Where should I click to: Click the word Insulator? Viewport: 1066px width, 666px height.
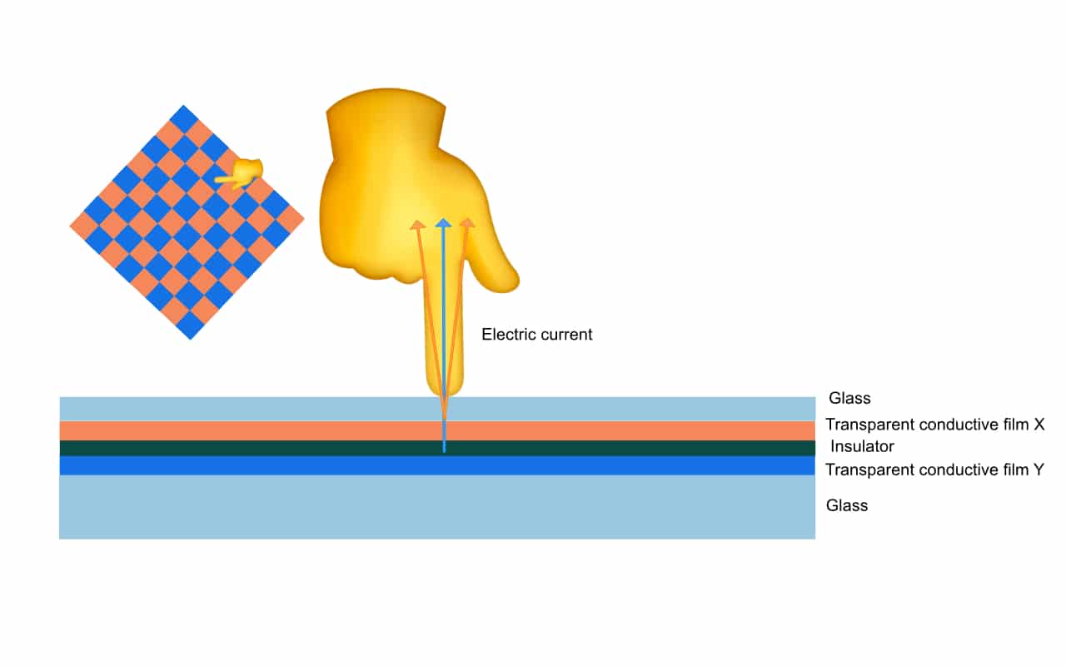(x=862, y=447)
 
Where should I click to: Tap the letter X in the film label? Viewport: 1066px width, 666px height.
(x=1039, y=425)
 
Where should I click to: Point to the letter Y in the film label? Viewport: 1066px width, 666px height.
(x=1039, y=470)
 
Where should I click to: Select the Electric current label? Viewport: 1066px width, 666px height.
(x=537, y=335)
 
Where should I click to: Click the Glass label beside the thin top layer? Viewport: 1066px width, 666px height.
(x=849, y=399)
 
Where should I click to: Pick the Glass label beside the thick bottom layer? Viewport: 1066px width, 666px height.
(x=847, y=505)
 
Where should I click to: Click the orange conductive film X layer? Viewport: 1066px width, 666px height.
(x=250, y=430)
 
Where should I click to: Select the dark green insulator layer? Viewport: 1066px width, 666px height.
(x=250, y=448)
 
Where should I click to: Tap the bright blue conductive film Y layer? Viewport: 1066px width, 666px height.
(x=250, y=465)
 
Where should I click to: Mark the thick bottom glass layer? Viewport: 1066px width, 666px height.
(x=250, y=507)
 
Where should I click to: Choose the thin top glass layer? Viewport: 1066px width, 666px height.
(x=250, y=409)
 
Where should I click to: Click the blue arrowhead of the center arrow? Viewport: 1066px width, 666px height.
(x=444, y=223)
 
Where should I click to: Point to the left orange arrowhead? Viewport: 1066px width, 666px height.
(x=416, y=224)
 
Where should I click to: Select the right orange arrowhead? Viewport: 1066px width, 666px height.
(x=468, y=223)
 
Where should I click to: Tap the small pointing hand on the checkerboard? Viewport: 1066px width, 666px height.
(x=242, y=173)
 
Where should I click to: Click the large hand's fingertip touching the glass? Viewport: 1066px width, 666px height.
(x=444, y=385)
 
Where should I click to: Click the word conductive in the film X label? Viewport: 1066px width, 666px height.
(x=942, y=425)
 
